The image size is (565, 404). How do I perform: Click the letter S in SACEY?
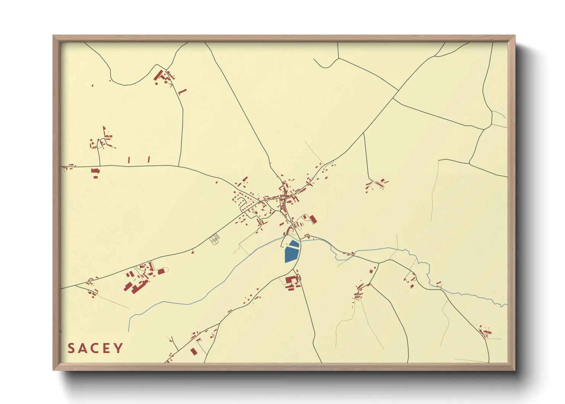71,348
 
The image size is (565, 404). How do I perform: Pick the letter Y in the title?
119,348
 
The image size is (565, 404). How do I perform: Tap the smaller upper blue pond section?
294,243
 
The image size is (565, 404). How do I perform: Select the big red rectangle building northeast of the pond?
313,219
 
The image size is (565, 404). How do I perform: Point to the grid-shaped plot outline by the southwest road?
215,239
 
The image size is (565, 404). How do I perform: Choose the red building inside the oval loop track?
161,271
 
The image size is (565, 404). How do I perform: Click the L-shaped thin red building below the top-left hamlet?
182,92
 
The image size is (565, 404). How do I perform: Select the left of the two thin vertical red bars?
129,160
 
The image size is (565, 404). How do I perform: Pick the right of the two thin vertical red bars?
149,159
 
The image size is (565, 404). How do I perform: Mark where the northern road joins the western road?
179,166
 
